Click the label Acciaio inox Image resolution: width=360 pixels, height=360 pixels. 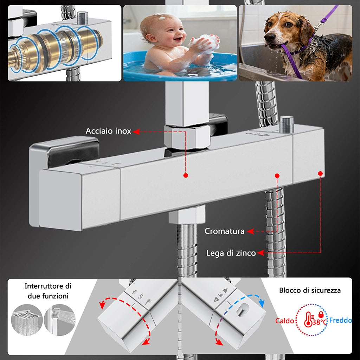(x=108, y=131)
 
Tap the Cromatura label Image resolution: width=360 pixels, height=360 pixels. (x=225, y=231)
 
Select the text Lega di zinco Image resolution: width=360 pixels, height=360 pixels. (x=231, y=253)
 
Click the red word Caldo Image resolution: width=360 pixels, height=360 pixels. (x=285, y=321)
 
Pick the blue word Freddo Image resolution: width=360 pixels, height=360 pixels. (x=340, y=320)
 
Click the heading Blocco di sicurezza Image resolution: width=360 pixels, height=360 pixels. (x=310, y=290)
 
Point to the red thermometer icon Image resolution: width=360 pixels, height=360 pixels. (x=308, y=319)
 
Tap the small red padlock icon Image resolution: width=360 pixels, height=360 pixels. (x=321, y=314)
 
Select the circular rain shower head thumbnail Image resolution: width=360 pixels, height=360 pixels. (x=27, y=320)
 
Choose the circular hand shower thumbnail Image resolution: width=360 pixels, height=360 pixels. (x=60, y=320)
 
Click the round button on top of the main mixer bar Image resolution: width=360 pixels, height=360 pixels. (x=287, y=124)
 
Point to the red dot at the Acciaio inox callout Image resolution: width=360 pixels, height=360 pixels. (x=186, y=175)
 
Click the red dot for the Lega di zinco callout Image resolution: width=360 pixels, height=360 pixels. (x=321, y=173)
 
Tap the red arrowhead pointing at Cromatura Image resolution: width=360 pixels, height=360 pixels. (x=250, y=231)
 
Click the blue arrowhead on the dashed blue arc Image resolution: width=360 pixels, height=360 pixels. (x=261, y=303)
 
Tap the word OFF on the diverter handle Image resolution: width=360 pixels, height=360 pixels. (x=141, y=296)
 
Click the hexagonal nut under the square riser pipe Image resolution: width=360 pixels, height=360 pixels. (x=187, y=137)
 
